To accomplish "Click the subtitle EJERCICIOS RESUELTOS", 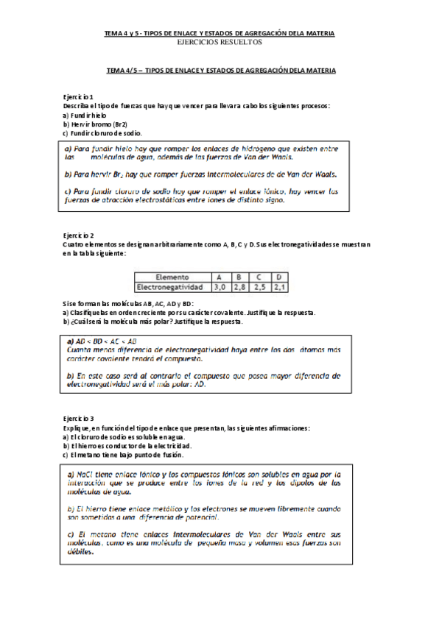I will point(220,43).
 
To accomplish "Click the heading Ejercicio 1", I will point(78,97).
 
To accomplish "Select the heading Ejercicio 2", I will point(78,233).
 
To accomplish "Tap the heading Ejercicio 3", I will point(78,419).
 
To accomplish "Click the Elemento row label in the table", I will point(172,277).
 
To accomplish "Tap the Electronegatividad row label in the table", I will point(172,286).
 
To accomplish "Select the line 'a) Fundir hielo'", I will point(85,116).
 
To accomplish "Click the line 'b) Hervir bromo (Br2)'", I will point(95,124).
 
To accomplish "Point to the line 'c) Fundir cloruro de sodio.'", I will point(102,133).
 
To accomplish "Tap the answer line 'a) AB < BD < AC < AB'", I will point(102,341).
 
